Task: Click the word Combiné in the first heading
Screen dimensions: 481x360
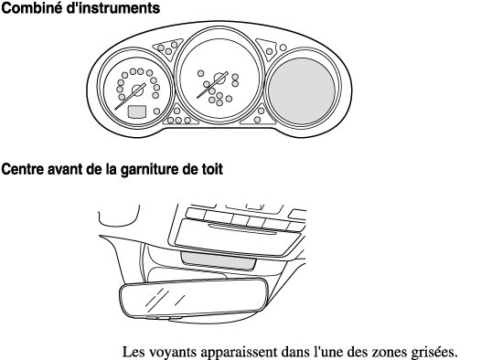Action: [x=32, y=8]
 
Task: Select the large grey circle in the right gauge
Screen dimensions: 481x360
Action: [x=302, y=91]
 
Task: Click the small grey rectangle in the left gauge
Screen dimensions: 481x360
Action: [x=137, y=111]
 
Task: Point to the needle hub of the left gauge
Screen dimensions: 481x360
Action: [x=138, y=90]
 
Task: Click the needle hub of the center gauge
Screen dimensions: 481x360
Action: [x=219, y=79]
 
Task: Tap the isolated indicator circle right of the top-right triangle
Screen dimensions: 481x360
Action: [x=283, y=48]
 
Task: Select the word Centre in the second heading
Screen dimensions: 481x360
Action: [x=22, y=169]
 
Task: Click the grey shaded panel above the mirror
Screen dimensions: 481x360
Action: [x=219, y=260]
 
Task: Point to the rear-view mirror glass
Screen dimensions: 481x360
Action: [x=194, y=298]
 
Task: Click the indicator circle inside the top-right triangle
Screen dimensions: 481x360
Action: [x=270, y=51]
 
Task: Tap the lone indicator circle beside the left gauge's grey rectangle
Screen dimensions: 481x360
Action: [x=156, y=111]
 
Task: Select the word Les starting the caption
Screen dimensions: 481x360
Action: [x=134, y=352]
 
